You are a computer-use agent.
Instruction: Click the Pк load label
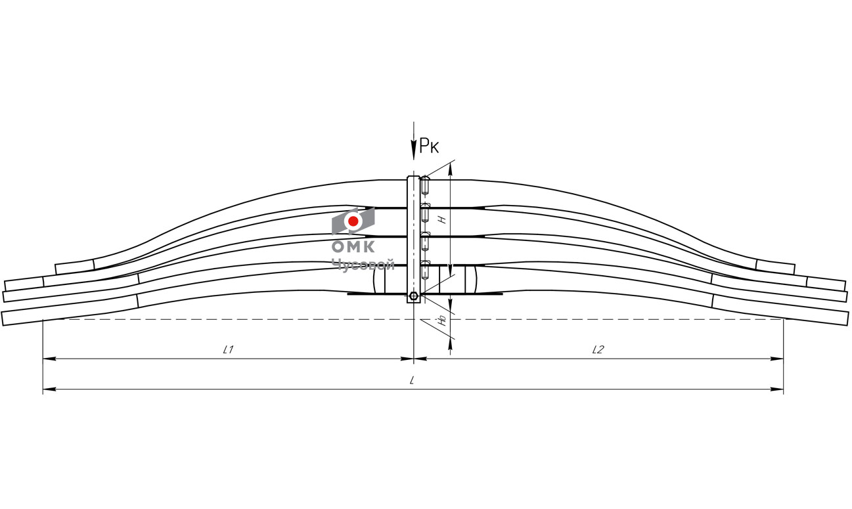pos(429,146)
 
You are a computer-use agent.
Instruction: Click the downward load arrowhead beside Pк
pos(414,150)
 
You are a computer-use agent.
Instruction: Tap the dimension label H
pos(442,219)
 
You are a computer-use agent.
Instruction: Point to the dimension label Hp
pos(442,321)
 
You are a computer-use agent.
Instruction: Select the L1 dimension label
pos(228,349)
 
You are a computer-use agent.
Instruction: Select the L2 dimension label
pos(598,349)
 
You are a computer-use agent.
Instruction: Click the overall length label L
pos(411,380)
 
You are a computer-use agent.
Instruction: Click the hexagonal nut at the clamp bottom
pos(414,296)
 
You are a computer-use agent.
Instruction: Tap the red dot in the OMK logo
pos(353,221)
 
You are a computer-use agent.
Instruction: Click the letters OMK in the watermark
pos(353,247)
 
